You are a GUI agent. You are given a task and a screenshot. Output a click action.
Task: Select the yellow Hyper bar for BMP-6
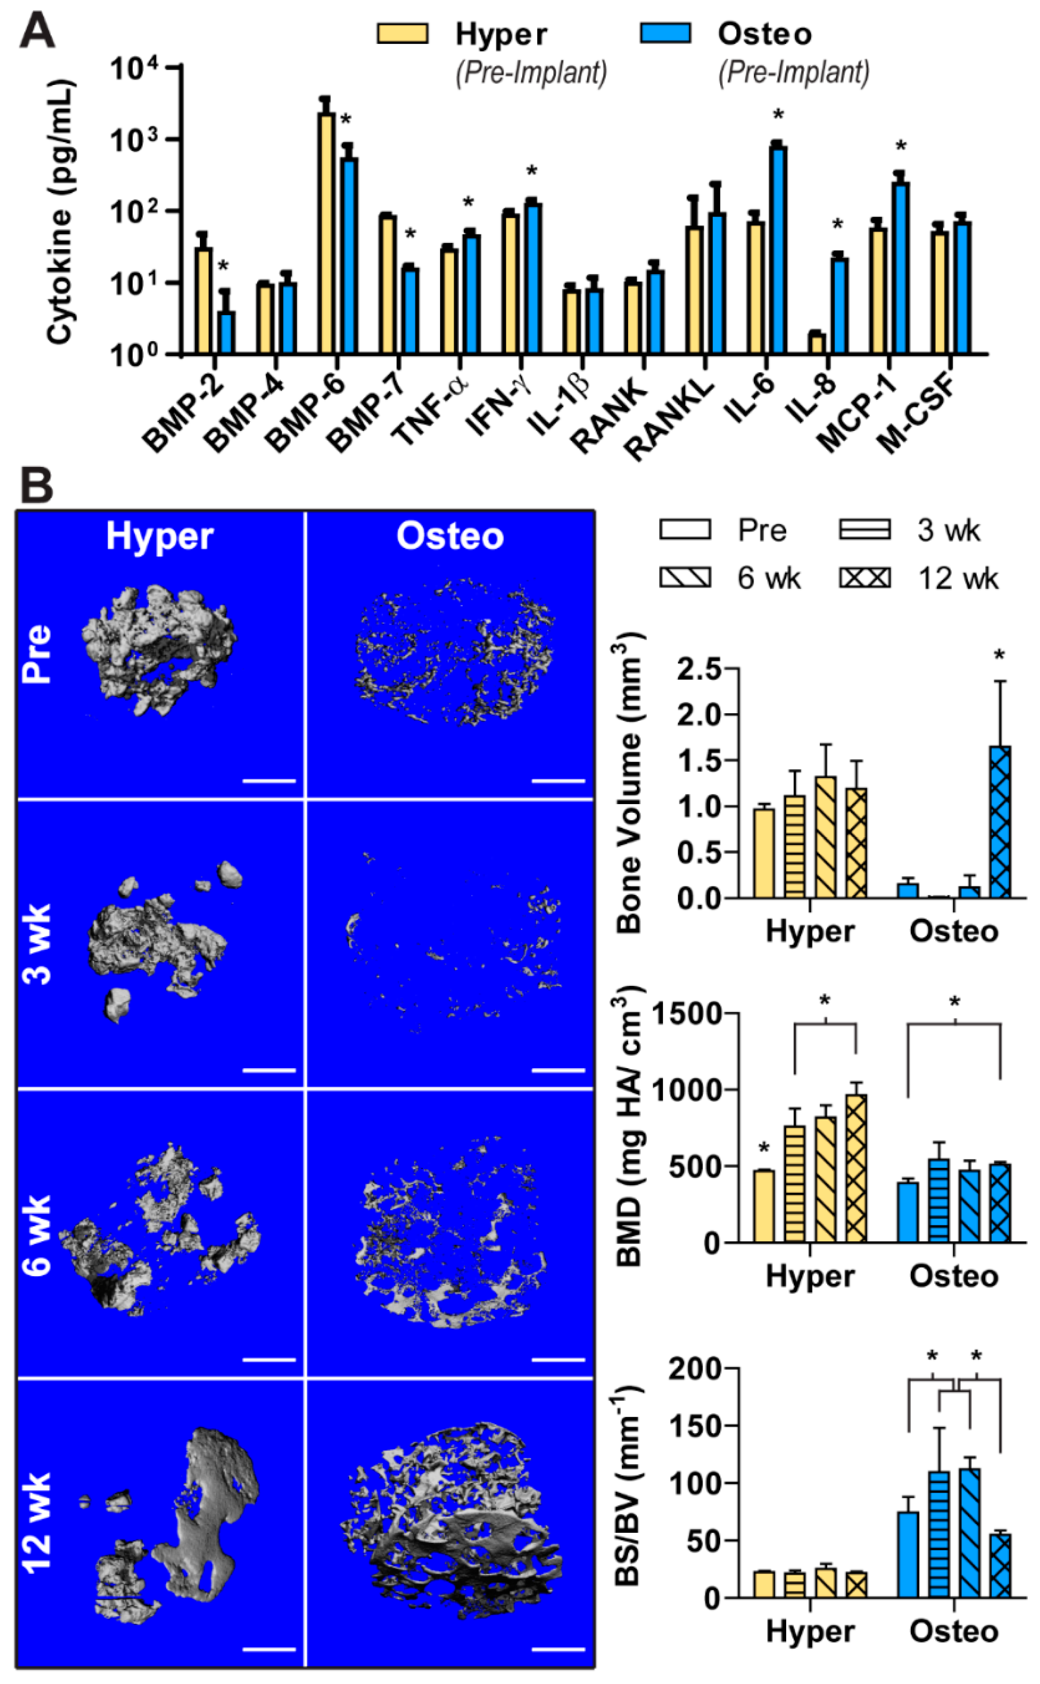click(326, 234)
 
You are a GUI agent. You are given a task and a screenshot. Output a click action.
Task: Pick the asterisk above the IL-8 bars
click(837, 226)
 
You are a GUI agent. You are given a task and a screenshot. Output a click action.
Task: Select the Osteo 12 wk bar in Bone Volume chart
click(1000, 822)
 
